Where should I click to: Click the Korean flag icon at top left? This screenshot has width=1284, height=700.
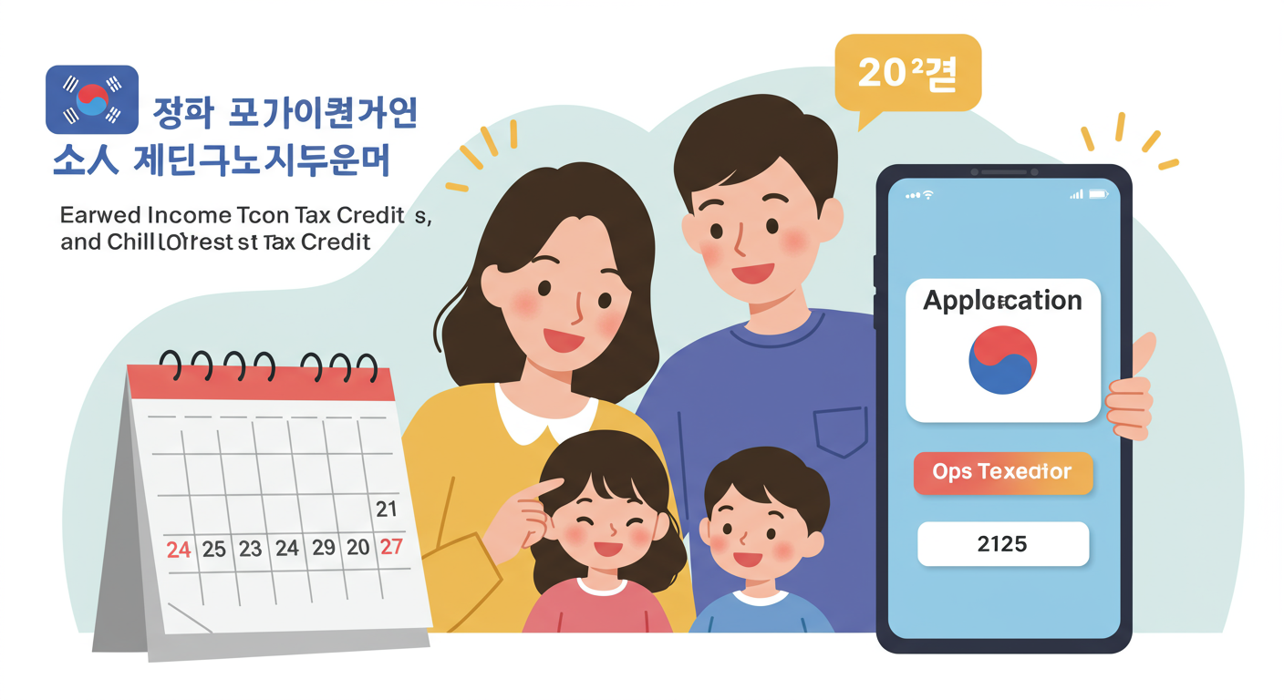pos(91,99)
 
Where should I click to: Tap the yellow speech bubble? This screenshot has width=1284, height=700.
pos(907,74)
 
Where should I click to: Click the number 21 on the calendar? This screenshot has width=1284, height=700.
pos(387,509)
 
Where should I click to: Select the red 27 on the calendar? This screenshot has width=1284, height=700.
pos(390,547)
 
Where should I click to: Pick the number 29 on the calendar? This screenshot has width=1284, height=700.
pos(324,548)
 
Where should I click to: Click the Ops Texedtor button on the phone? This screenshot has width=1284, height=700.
pos(1002,472)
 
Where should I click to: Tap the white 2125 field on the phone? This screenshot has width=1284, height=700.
pos(1002,544)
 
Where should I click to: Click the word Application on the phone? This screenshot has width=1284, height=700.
pos(1002,300)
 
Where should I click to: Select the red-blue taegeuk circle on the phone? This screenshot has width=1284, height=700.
pos(1002,361)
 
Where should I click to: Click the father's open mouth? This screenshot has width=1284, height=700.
pos(753,273)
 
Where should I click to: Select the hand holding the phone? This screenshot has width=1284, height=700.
pos(1133,392)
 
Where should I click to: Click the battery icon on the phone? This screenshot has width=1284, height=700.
pos(1098,194)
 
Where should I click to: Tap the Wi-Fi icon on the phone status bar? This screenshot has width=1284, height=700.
pos(928,195)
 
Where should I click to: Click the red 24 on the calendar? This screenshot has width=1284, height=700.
pos(179,550)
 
